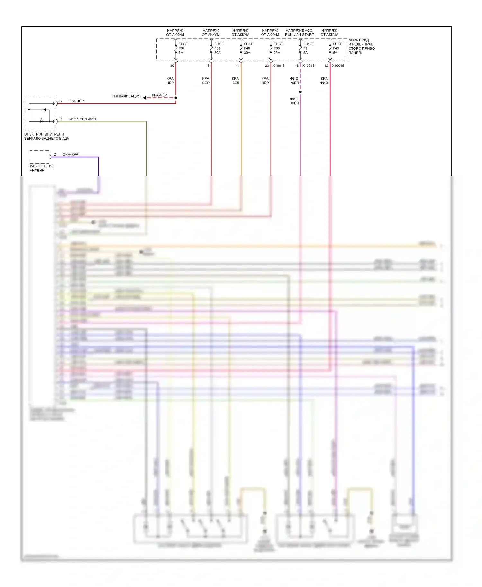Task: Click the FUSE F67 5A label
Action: pos(183,48)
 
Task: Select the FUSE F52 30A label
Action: pos(219,48)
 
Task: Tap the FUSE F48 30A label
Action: pos(248,48)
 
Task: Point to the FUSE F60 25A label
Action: pos(278,48)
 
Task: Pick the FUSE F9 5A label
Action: pos(308,48)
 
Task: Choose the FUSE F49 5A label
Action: pos(337,48)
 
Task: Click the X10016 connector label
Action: pos(308,66)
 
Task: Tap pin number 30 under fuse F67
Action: pos(172,66)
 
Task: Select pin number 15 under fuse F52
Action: pos(208,66)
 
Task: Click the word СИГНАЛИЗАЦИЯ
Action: pos(126,96)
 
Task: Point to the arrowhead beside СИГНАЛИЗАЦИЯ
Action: pos(145,98)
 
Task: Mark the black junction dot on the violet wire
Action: pos(300,92)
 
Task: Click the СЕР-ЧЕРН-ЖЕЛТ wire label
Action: pos(83,119)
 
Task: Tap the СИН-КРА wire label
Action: pos(70,155)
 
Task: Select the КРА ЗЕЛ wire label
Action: pos(236,81)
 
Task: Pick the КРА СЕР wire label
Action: pos(206,81)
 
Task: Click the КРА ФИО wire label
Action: pos(324,81)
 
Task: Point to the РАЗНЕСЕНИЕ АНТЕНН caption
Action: pos(42,168)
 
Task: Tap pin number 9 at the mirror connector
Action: pos(61,119)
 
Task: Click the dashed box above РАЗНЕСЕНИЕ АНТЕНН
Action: pos(40,157)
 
